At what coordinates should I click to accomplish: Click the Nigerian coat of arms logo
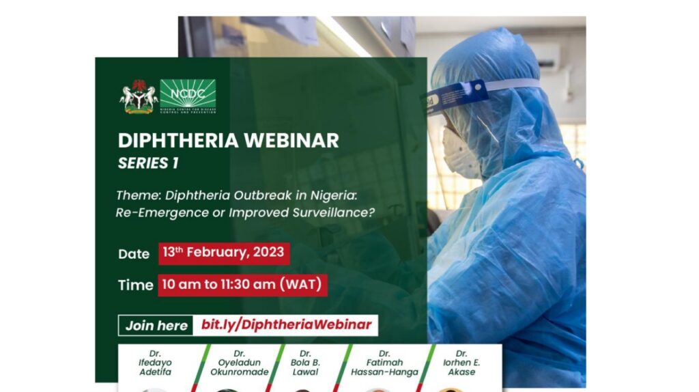[139, 96]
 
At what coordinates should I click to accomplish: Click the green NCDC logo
[188, 96]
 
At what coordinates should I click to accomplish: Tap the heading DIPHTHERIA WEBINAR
[228, 140]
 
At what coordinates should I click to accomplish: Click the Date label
[134, 254]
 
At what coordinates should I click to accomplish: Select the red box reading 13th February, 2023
[225, 253]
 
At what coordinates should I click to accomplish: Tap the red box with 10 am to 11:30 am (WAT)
[242, 284]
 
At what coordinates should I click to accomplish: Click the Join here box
[156, 325]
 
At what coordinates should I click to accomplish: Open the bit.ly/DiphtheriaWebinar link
[286, 325]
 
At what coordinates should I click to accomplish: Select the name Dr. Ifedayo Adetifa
[155, 363]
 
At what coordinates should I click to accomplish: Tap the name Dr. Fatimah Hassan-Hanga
[384, 363]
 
